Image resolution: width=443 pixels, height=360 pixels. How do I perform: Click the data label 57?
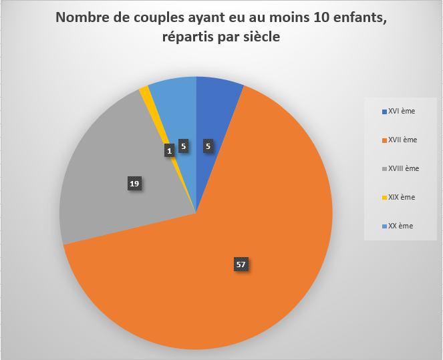241,264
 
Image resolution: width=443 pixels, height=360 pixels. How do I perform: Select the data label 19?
134,183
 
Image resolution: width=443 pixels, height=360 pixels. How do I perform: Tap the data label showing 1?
170,151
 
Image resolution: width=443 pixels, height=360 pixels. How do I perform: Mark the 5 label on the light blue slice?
183,148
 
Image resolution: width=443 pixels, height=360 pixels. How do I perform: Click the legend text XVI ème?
401,111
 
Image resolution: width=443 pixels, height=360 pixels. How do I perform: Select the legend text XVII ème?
402,140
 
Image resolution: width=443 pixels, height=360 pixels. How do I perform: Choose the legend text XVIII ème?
404,168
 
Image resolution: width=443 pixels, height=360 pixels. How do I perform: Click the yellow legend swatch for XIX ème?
384,198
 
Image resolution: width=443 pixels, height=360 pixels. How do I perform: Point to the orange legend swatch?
384,140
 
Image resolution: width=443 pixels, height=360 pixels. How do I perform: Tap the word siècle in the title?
258,37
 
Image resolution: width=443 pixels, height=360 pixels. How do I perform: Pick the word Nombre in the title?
80,18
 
